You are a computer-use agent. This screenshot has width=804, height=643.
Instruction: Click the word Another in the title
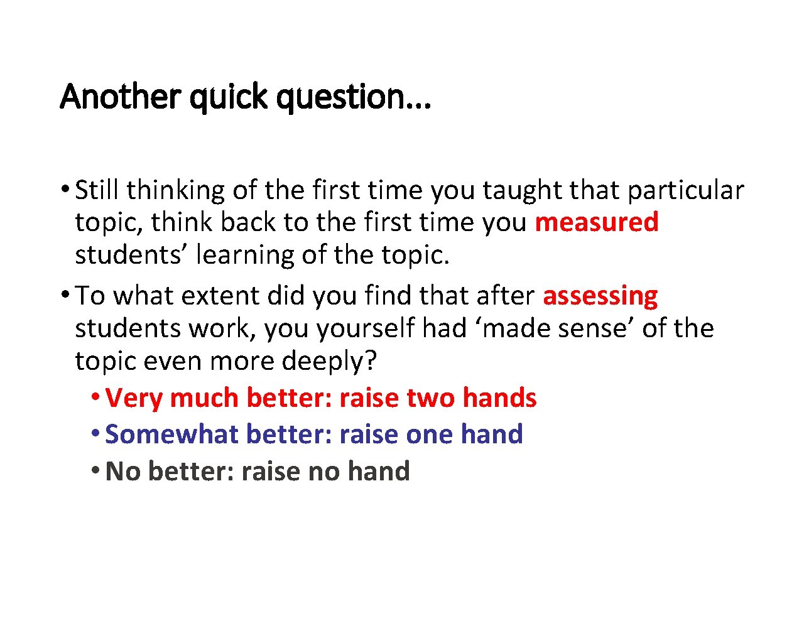[x=120, y=97]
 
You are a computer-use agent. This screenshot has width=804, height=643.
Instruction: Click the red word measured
[x=596, y=222]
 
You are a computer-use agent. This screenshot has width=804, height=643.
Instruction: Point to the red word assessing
[x=600, y=296]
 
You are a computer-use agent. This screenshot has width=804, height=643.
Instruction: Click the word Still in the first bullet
[x=97, y=190]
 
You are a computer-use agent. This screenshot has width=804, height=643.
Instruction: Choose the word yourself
[x=366, y=328]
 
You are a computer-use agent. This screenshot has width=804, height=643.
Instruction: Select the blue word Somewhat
[x=171, y=435]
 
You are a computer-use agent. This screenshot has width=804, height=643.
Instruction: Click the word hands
[x=499, y=398]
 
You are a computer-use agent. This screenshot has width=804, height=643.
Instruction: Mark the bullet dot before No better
[x=94, y=470]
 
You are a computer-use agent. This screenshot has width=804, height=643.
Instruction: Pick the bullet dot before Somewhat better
[x=94, y=433]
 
